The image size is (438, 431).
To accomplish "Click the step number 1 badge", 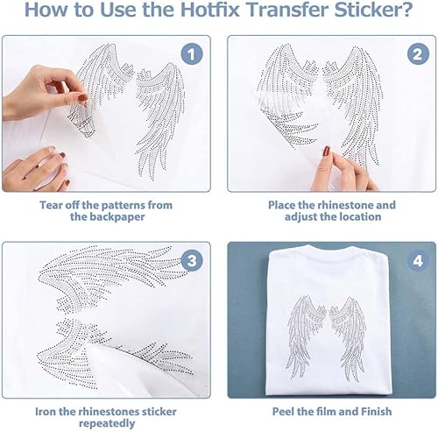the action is point(191,54).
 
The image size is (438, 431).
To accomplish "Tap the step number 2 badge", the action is point(418,54).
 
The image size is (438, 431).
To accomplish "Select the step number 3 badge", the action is point(192,260).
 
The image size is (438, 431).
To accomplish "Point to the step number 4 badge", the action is point(418,260).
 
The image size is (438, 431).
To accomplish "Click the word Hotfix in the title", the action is point(210,10).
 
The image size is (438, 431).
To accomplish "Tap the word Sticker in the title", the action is point(374,10).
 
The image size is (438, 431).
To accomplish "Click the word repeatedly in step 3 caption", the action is point(107,424).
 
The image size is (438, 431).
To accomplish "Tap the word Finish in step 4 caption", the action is point(377,412).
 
